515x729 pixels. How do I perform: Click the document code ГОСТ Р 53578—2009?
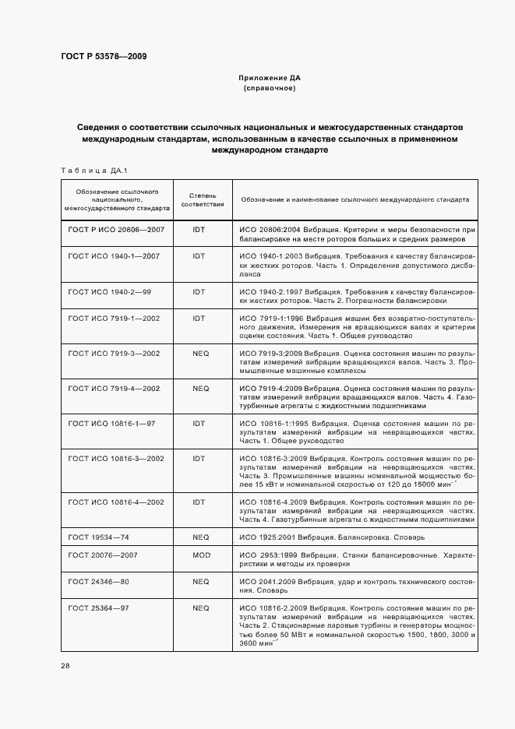click(104, 57)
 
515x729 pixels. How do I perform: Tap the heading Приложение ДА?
click(270, 79)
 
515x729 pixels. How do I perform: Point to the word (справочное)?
click(270, 88)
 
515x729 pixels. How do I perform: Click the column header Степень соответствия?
click(203, 199)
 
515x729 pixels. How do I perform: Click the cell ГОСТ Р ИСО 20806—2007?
click(116, 231)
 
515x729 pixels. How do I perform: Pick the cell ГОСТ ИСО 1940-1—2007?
click(114, 255)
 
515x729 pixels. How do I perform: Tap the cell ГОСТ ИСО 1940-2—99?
click(109, 291)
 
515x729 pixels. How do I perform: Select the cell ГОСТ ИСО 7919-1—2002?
click(114, 319)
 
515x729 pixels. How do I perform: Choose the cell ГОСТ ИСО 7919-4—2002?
click(114, 388)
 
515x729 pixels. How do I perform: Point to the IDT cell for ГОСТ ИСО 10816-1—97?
click(199, 424)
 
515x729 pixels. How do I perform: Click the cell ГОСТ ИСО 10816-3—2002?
click(116, 460)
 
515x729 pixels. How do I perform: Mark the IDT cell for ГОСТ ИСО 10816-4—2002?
click(199, 502)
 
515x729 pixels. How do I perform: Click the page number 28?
click(65, 666)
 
